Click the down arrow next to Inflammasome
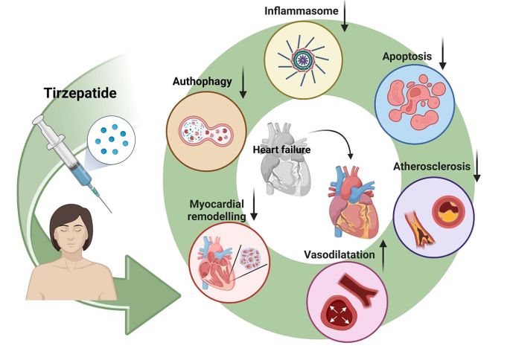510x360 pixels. (x=345, y=18)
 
